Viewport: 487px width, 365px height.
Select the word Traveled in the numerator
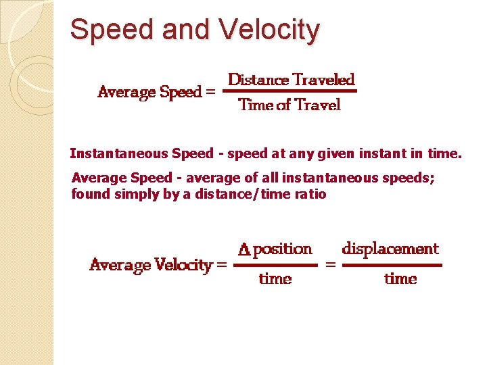click(323, 80)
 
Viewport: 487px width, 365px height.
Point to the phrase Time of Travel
click(289, 105)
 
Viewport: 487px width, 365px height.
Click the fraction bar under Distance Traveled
click(289, 91)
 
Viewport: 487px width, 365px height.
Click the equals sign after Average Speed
click(210, 93)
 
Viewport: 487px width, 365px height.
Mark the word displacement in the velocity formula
click(390, 249)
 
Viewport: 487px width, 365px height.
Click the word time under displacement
click(400, 278)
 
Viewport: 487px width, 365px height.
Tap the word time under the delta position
click(275, 278)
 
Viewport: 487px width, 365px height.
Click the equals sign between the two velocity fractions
click(331, 266)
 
